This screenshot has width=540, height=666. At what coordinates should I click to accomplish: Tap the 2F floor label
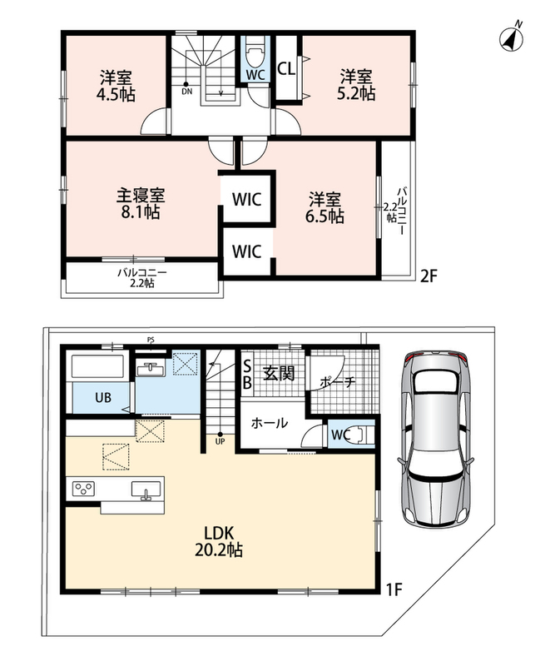(x=429, y=276)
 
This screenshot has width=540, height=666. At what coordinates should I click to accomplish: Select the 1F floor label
(x=393, y=589)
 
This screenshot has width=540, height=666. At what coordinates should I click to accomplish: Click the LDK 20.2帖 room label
(x=219, y=542)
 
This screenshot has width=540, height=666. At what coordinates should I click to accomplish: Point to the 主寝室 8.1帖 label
(x=141, y=204)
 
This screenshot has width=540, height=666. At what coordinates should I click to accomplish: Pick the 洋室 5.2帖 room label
(x=356, y=86)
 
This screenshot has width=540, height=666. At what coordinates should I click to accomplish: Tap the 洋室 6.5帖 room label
(x=324, y=207)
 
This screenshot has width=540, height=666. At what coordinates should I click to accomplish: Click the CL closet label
(x=286, y=69)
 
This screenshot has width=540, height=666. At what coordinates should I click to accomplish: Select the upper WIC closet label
(x=246, y=199)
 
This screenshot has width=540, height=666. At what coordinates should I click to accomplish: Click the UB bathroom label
(x=103, y=398)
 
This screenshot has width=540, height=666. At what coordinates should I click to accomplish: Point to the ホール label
(x=270, y=423)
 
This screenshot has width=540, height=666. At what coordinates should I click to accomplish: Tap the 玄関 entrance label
(x=279, y=373)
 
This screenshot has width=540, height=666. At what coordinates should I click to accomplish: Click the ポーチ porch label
(x=337, y=382)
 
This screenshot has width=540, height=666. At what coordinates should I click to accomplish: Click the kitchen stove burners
(x=85, y=489)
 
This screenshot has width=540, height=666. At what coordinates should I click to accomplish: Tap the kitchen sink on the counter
(x=146, y=490)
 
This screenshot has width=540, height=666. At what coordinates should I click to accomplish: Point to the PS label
(x=151, y=340)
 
